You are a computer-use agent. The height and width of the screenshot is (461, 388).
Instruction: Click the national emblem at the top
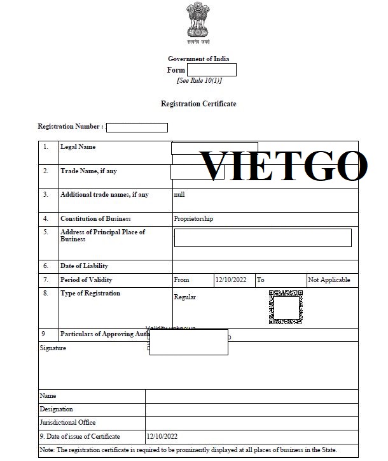198,22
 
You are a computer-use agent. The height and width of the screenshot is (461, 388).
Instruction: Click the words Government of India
198,59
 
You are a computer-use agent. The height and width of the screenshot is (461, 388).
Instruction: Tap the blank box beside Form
212,70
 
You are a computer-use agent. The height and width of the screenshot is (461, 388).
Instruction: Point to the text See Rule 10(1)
199,80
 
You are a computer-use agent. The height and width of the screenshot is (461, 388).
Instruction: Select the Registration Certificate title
198,103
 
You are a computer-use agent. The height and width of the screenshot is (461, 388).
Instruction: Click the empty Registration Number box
137,127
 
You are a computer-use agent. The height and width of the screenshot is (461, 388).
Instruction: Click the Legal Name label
78,147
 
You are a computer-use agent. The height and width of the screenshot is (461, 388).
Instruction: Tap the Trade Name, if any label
88,171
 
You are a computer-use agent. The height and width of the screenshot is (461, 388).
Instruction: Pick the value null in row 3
179,194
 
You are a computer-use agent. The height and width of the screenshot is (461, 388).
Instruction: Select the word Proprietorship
193,219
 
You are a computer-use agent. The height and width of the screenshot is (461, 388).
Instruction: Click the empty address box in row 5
263,238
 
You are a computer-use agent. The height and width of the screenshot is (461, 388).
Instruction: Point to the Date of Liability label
85,266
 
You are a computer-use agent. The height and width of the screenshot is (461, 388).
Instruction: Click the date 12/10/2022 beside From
231,280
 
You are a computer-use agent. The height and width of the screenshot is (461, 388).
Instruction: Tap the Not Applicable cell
329,280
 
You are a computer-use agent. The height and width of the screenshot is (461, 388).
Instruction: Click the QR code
286,308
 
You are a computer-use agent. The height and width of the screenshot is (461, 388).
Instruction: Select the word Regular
184,297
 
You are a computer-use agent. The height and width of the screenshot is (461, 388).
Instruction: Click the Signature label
53,348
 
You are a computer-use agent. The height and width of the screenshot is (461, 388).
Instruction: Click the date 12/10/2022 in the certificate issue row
162,437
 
